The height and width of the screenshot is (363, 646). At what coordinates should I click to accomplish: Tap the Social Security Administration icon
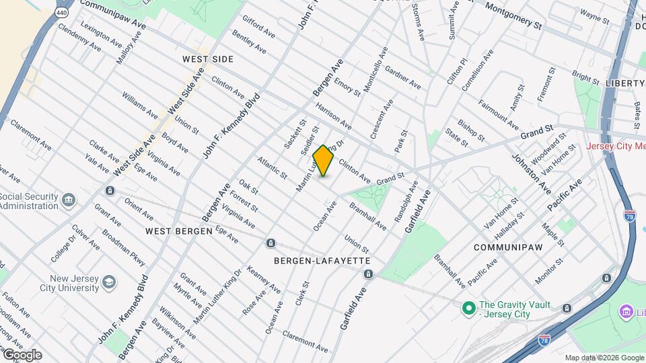point(68,200)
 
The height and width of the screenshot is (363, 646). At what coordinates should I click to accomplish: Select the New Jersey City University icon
point(109,282)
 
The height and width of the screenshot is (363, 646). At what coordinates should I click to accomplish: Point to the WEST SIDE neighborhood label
point(208,59)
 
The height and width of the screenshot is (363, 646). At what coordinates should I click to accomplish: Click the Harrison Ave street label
point(333,116)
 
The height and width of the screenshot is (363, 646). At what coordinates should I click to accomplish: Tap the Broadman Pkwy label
point(124,248)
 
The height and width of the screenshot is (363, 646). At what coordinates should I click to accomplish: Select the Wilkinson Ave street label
point(178,323)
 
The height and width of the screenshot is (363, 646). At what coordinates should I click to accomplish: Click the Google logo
point(22,355)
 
